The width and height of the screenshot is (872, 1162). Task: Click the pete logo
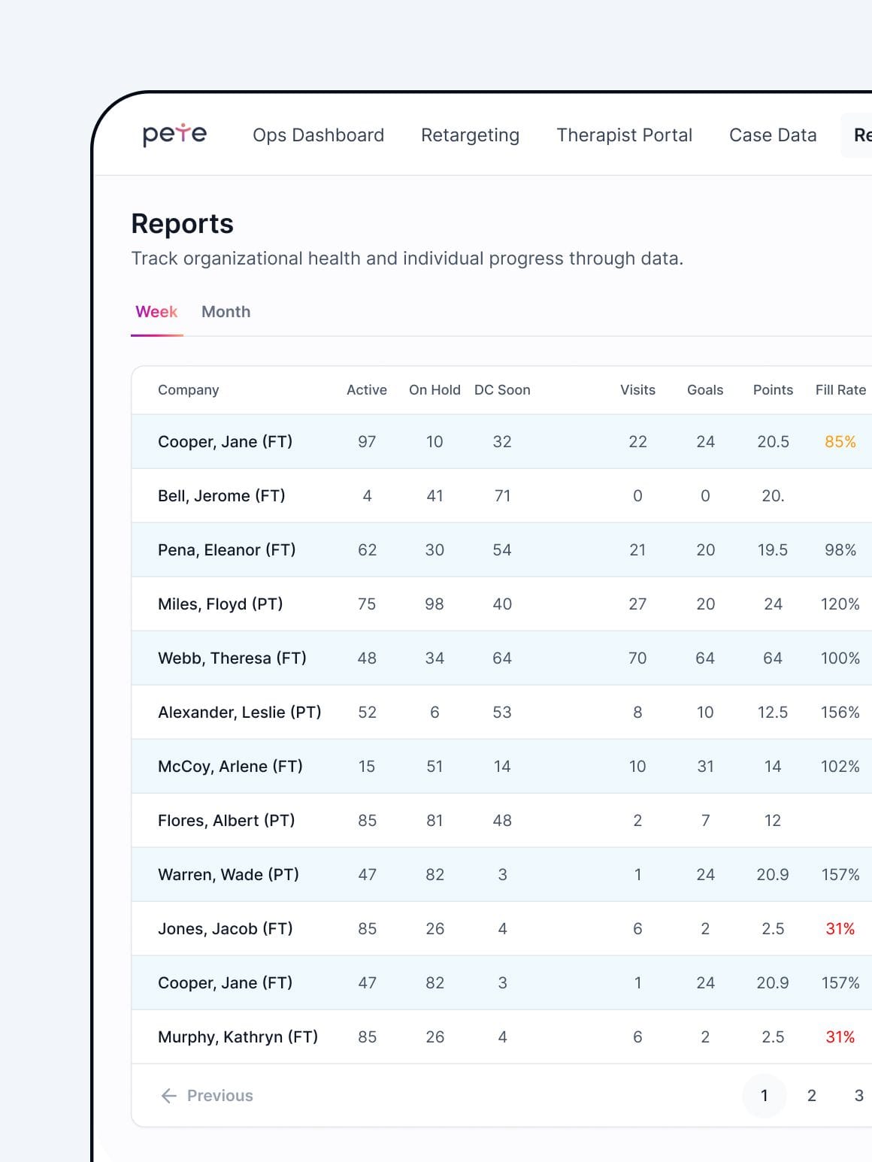click(x=174, y=134)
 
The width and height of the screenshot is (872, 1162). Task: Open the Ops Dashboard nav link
click(x=318, y=135)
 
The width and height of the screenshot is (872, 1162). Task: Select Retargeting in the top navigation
click(x=470, y=135)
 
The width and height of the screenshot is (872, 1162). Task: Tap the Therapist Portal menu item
click(x=624, y=135)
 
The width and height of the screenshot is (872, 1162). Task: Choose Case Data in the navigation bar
click(x=773, y=135)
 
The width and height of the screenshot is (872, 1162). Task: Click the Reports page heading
click(x=182, y=224)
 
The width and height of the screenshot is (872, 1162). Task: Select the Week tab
click(x=156, y=312)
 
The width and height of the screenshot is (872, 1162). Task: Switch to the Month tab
click(x=226, y=312)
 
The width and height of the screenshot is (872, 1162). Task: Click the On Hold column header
click(x=434, y=390)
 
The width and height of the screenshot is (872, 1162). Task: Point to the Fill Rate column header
click(x=840, y=390)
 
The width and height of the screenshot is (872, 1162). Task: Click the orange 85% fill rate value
click(x=840, y=442)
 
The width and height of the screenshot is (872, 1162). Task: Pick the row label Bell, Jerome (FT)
click(x=221, y=496)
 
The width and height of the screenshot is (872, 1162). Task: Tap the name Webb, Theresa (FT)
click(x=232, y=658)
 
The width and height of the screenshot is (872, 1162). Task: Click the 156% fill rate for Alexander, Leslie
click(x=840, y=713)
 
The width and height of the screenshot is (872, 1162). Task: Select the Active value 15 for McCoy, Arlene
click(x=367, y=767)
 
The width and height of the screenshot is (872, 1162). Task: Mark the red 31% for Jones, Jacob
click(x=840, y=929)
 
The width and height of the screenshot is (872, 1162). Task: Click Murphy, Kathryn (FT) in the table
click(x=238, y=1037)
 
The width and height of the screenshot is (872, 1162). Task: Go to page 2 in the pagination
click(x=811, y=1096)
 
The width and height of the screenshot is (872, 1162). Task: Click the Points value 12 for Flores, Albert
click(x=773, y=821)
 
